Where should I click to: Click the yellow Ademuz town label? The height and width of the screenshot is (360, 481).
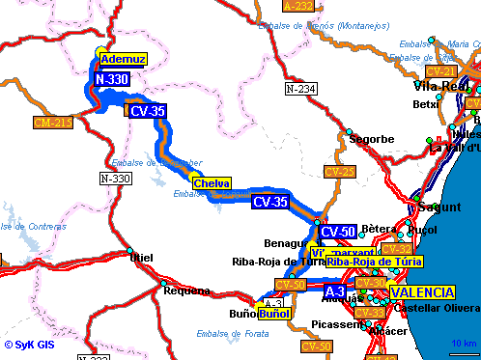click(x=123, y=59)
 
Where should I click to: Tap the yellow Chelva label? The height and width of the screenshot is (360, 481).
click(x=212, y=183)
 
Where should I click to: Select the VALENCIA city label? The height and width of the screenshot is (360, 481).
click(x=422, y=292)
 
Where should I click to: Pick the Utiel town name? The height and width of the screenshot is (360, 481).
click(x=141, y=257)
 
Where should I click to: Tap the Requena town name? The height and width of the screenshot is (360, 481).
click(x=187, y=291)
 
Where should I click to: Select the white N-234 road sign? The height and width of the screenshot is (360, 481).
click(x=301, y=89)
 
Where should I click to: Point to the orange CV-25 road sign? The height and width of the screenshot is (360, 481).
click(x=340, y=172)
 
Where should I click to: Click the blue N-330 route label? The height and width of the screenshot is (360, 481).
click(x=112, y=79)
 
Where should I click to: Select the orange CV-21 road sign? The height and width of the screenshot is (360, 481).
click(x=440, y=71)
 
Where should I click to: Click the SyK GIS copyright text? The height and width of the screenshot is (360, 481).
click(x=26, y=345)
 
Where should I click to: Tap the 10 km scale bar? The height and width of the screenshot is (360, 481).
click(x=462, y=345)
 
